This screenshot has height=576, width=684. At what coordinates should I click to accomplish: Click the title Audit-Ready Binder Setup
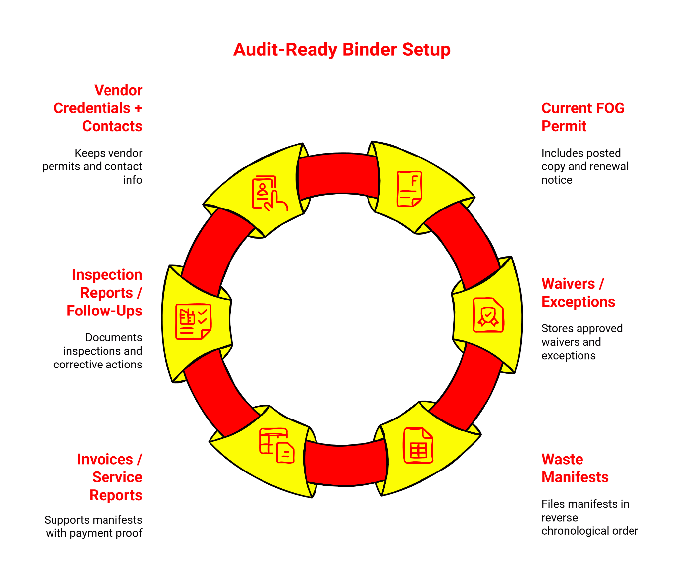[x=342, y=50]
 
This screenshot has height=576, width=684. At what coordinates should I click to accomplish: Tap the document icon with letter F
[x=409, y=189]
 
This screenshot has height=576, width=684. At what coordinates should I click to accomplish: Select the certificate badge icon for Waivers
[x=488, y=315]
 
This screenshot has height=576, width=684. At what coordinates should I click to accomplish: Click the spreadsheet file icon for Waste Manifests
[x=418, y=446]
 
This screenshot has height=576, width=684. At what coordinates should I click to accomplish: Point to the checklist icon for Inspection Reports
[x=194, y=321]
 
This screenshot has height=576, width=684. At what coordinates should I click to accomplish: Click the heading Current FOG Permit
[x=582, y=117]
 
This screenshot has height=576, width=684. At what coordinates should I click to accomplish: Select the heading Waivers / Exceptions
[x=578, y=293]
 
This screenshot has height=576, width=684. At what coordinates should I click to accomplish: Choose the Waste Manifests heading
[x=575, y=468]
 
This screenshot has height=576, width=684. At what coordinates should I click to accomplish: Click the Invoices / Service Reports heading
[x=110, y=477]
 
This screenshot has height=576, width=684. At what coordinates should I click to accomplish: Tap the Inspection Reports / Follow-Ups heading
[x=105, y=293]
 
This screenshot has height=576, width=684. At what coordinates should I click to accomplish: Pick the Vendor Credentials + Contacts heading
[x=99, y=108]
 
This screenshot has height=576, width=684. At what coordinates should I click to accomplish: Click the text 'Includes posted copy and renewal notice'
[x=584, y=166]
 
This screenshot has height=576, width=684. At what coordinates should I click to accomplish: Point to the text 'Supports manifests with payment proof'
[x=94, y=526]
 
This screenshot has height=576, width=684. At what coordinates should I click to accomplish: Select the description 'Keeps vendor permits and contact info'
[x=93, y=166]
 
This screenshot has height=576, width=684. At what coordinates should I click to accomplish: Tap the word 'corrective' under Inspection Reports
[x=75, y=365]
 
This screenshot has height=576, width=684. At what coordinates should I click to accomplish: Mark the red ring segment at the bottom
[x=345, y=463]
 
